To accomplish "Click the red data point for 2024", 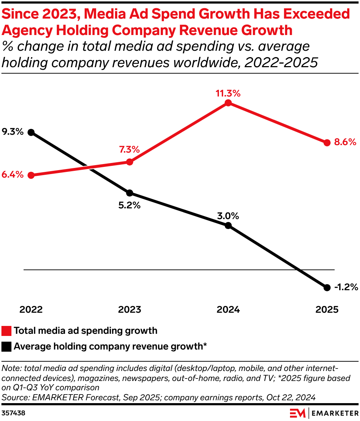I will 229,103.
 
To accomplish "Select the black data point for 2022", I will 31,133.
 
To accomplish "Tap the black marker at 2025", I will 327,287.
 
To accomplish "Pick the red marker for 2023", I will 130,162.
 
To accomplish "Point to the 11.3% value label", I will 228,94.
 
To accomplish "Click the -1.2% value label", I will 346,287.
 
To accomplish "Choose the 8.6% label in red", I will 345,142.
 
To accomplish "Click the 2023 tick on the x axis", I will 130,309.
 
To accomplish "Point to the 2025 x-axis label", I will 327,309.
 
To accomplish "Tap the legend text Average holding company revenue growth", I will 110,346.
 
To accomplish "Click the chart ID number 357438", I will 14,413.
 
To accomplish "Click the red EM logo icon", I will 297,413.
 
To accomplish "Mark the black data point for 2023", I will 130,193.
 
